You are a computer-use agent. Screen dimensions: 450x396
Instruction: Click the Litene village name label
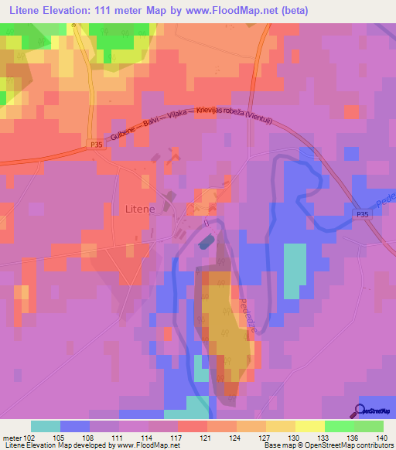pos(140,209)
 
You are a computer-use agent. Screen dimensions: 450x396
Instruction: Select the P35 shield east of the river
pos(364,214)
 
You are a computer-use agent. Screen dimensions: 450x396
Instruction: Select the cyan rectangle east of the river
pos(294,271)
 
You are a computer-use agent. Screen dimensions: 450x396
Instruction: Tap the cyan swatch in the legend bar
pos(46,426)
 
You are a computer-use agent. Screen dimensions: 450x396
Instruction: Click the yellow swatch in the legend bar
pos(281,426)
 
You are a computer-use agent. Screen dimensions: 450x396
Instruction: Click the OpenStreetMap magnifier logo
pos(360,411)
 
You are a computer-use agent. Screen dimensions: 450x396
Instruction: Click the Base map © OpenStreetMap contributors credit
pos(326,446)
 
